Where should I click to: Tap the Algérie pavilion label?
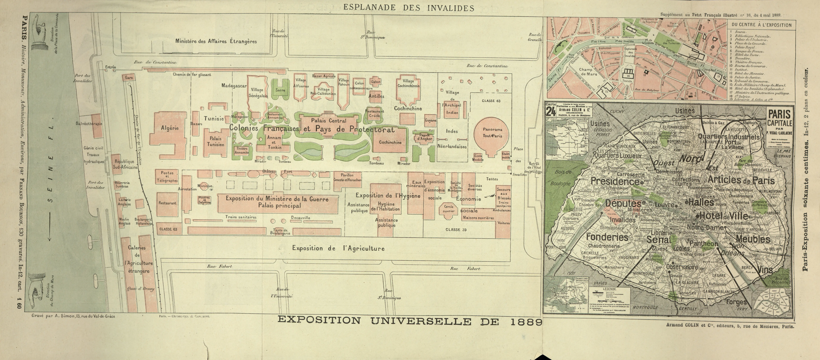170,128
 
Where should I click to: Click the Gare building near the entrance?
129,77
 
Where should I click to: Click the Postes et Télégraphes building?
167,177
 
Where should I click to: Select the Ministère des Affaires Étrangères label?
216,41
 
